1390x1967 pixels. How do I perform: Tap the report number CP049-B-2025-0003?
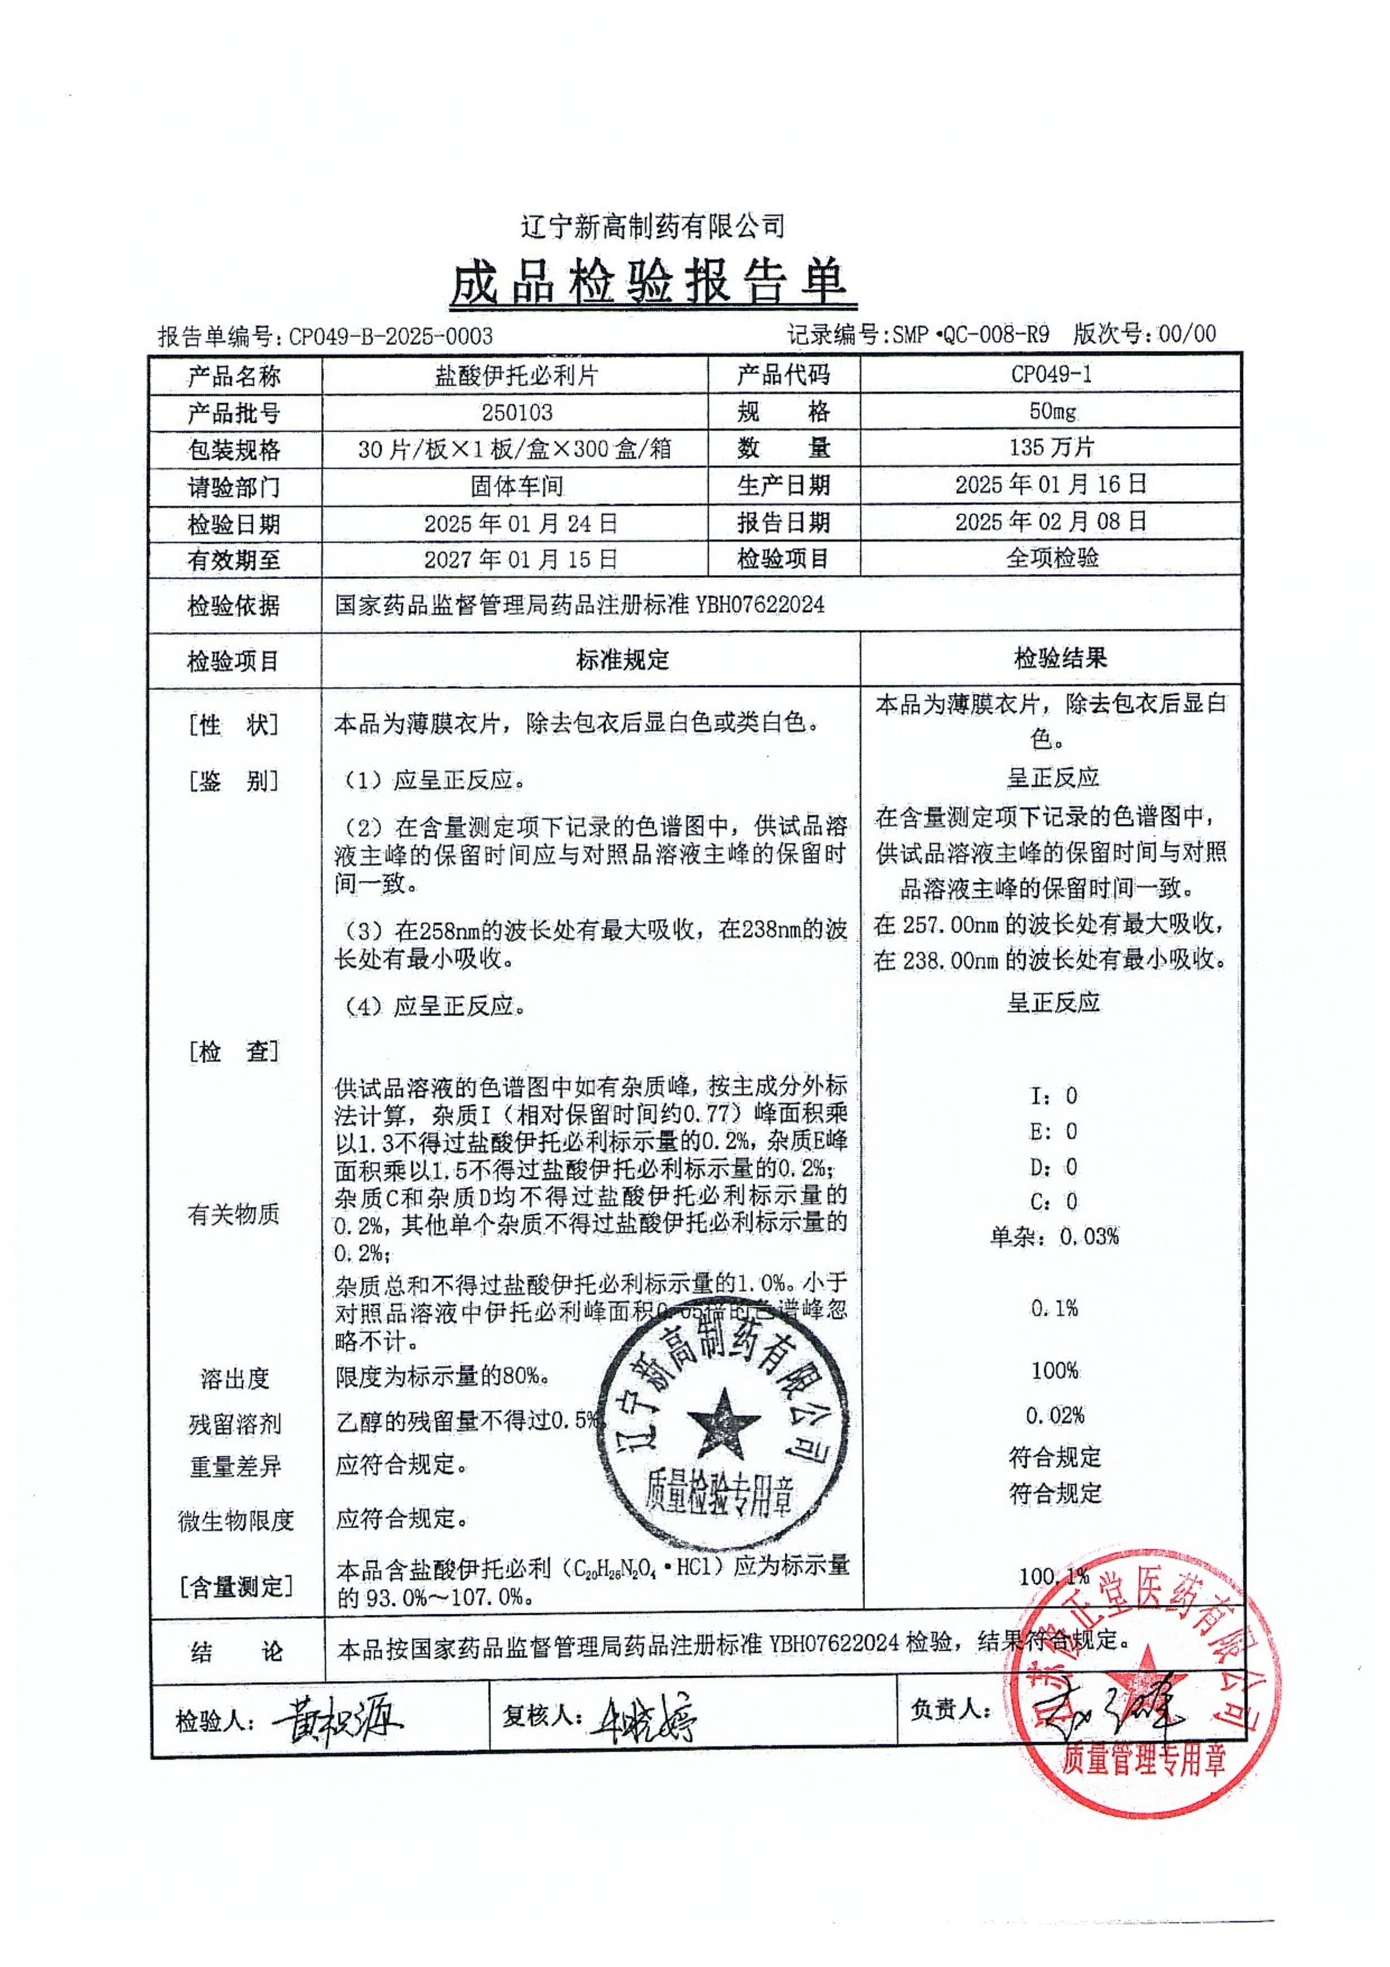coord(390,336)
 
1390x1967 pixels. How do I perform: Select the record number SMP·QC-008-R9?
coord(970,334)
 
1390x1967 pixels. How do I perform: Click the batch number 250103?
coord(516,412)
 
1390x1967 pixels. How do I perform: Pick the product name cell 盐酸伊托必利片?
coord(516,375)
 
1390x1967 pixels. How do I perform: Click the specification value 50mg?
coord(1051,411)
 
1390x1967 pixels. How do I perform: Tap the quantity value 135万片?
coord(1051,447)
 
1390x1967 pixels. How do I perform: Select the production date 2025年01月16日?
coord(1051,484)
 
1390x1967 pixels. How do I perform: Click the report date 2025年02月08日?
coord(1051,521)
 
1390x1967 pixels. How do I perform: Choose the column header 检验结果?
coord(1060,658)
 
